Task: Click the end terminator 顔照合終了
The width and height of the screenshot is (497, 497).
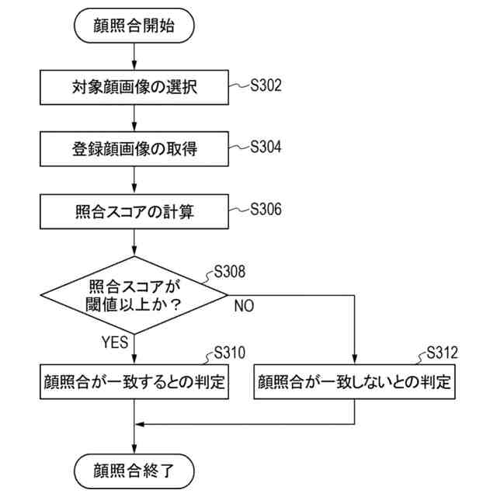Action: (x=134, y=471)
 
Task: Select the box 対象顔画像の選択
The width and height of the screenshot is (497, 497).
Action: (x=134, y=87)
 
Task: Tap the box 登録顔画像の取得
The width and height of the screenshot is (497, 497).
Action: (x=134, y=148)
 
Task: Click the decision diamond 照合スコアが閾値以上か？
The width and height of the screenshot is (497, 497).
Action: (x=134, y=295)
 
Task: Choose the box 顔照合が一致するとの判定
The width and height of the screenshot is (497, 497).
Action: (x=134, y=381)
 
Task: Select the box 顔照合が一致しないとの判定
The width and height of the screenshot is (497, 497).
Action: (x=354, y=381)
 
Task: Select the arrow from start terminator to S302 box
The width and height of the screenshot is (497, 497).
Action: (x=134, y=56)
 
